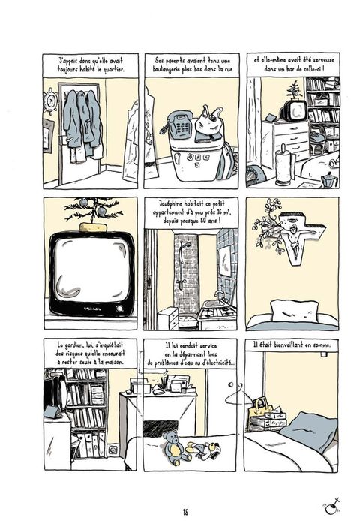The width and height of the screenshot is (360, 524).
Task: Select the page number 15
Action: point(186,512)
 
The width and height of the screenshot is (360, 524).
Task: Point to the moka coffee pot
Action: point(329,180)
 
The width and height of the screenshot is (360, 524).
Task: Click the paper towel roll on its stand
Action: point(283,164)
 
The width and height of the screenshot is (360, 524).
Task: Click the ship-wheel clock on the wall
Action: point(50,100)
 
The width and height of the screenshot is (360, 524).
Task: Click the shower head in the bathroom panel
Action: point(186,245)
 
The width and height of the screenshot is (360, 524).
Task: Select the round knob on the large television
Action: point(119,309)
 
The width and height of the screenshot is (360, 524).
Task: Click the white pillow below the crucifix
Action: point(294,311)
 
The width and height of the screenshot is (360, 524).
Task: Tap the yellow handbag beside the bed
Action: point(259,406)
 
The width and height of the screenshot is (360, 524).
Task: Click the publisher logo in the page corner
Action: point(331,507)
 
